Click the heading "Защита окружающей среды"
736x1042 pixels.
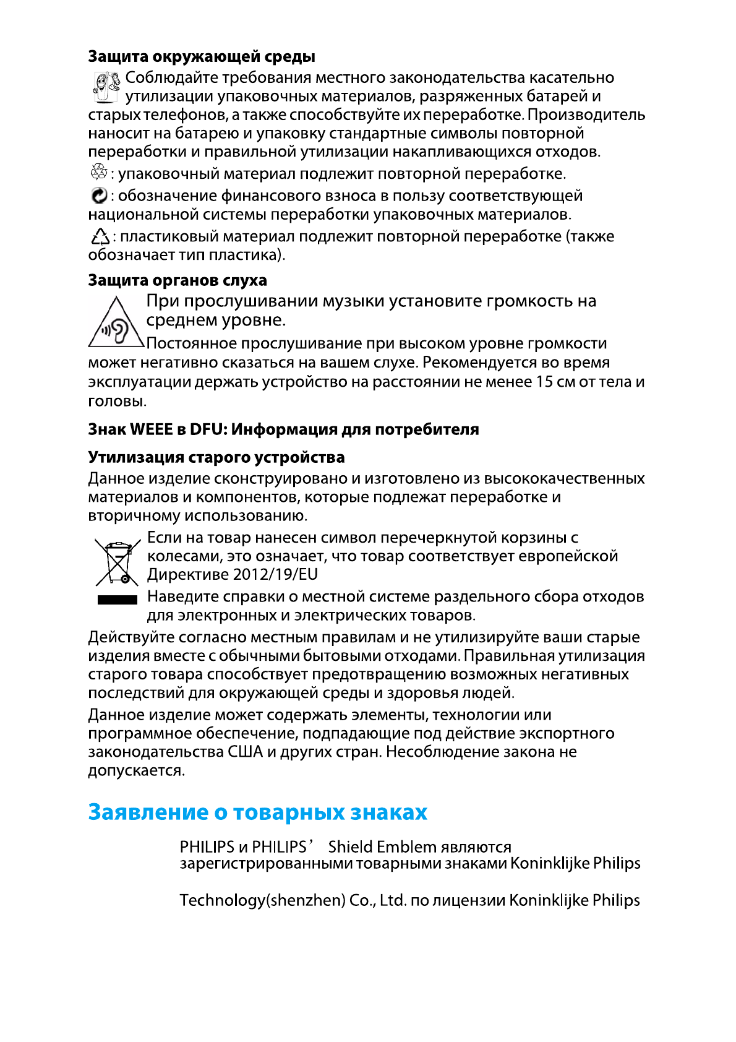click(x=202, y=57)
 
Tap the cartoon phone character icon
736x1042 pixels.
click(x=106, y=87)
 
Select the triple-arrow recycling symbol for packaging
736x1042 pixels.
click(x=98, y=173)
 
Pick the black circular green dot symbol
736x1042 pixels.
click(x=98, y=196)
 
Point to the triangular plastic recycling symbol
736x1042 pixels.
click(x=100, y=237)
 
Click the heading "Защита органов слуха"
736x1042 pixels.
click(x=178, y=280)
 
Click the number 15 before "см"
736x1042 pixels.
click(x=544, y=382)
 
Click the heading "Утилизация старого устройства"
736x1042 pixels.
click(x=216, y=457)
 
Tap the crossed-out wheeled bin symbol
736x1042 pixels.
click(x=117, y=562)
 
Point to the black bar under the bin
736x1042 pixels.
click(x=117, y=599)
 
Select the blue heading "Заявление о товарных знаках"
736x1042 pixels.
click(x=257, y=812)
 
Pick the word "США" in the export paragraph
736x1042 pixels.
click(x=246, y=752)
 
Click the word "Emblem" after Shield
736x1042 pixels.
click(x=407, y=846)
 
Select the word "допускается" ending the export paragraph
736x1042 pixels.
click(x=136, y=771)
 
